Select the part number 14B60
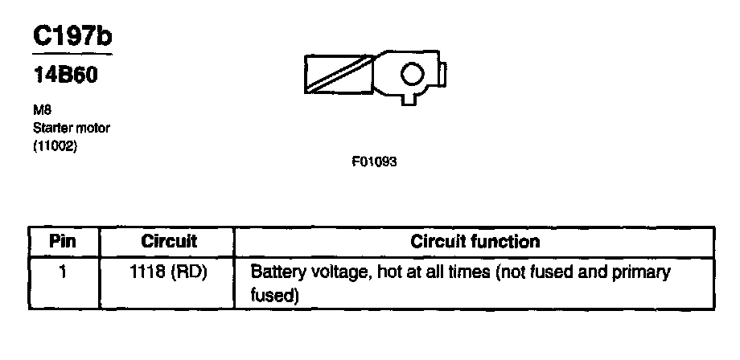[x=67, y=77]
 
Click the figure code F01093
[x=374, y=162]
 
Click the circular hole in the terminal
[x=412, y=75]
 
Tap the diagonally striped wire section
[x=339, y=75]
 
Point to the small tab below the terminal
[x=410, y=99]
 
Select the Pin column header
[x=63, y=241]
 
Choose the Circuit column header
[x=169, y=241]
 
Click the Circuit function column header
[x=475, y=241]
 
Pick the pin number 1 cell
[x=63, y=272]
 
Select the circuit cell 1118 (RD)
[x=169, y=272]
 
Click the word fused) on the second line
[x=275, y=296]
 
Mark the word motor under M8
[x=92, y=129]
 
